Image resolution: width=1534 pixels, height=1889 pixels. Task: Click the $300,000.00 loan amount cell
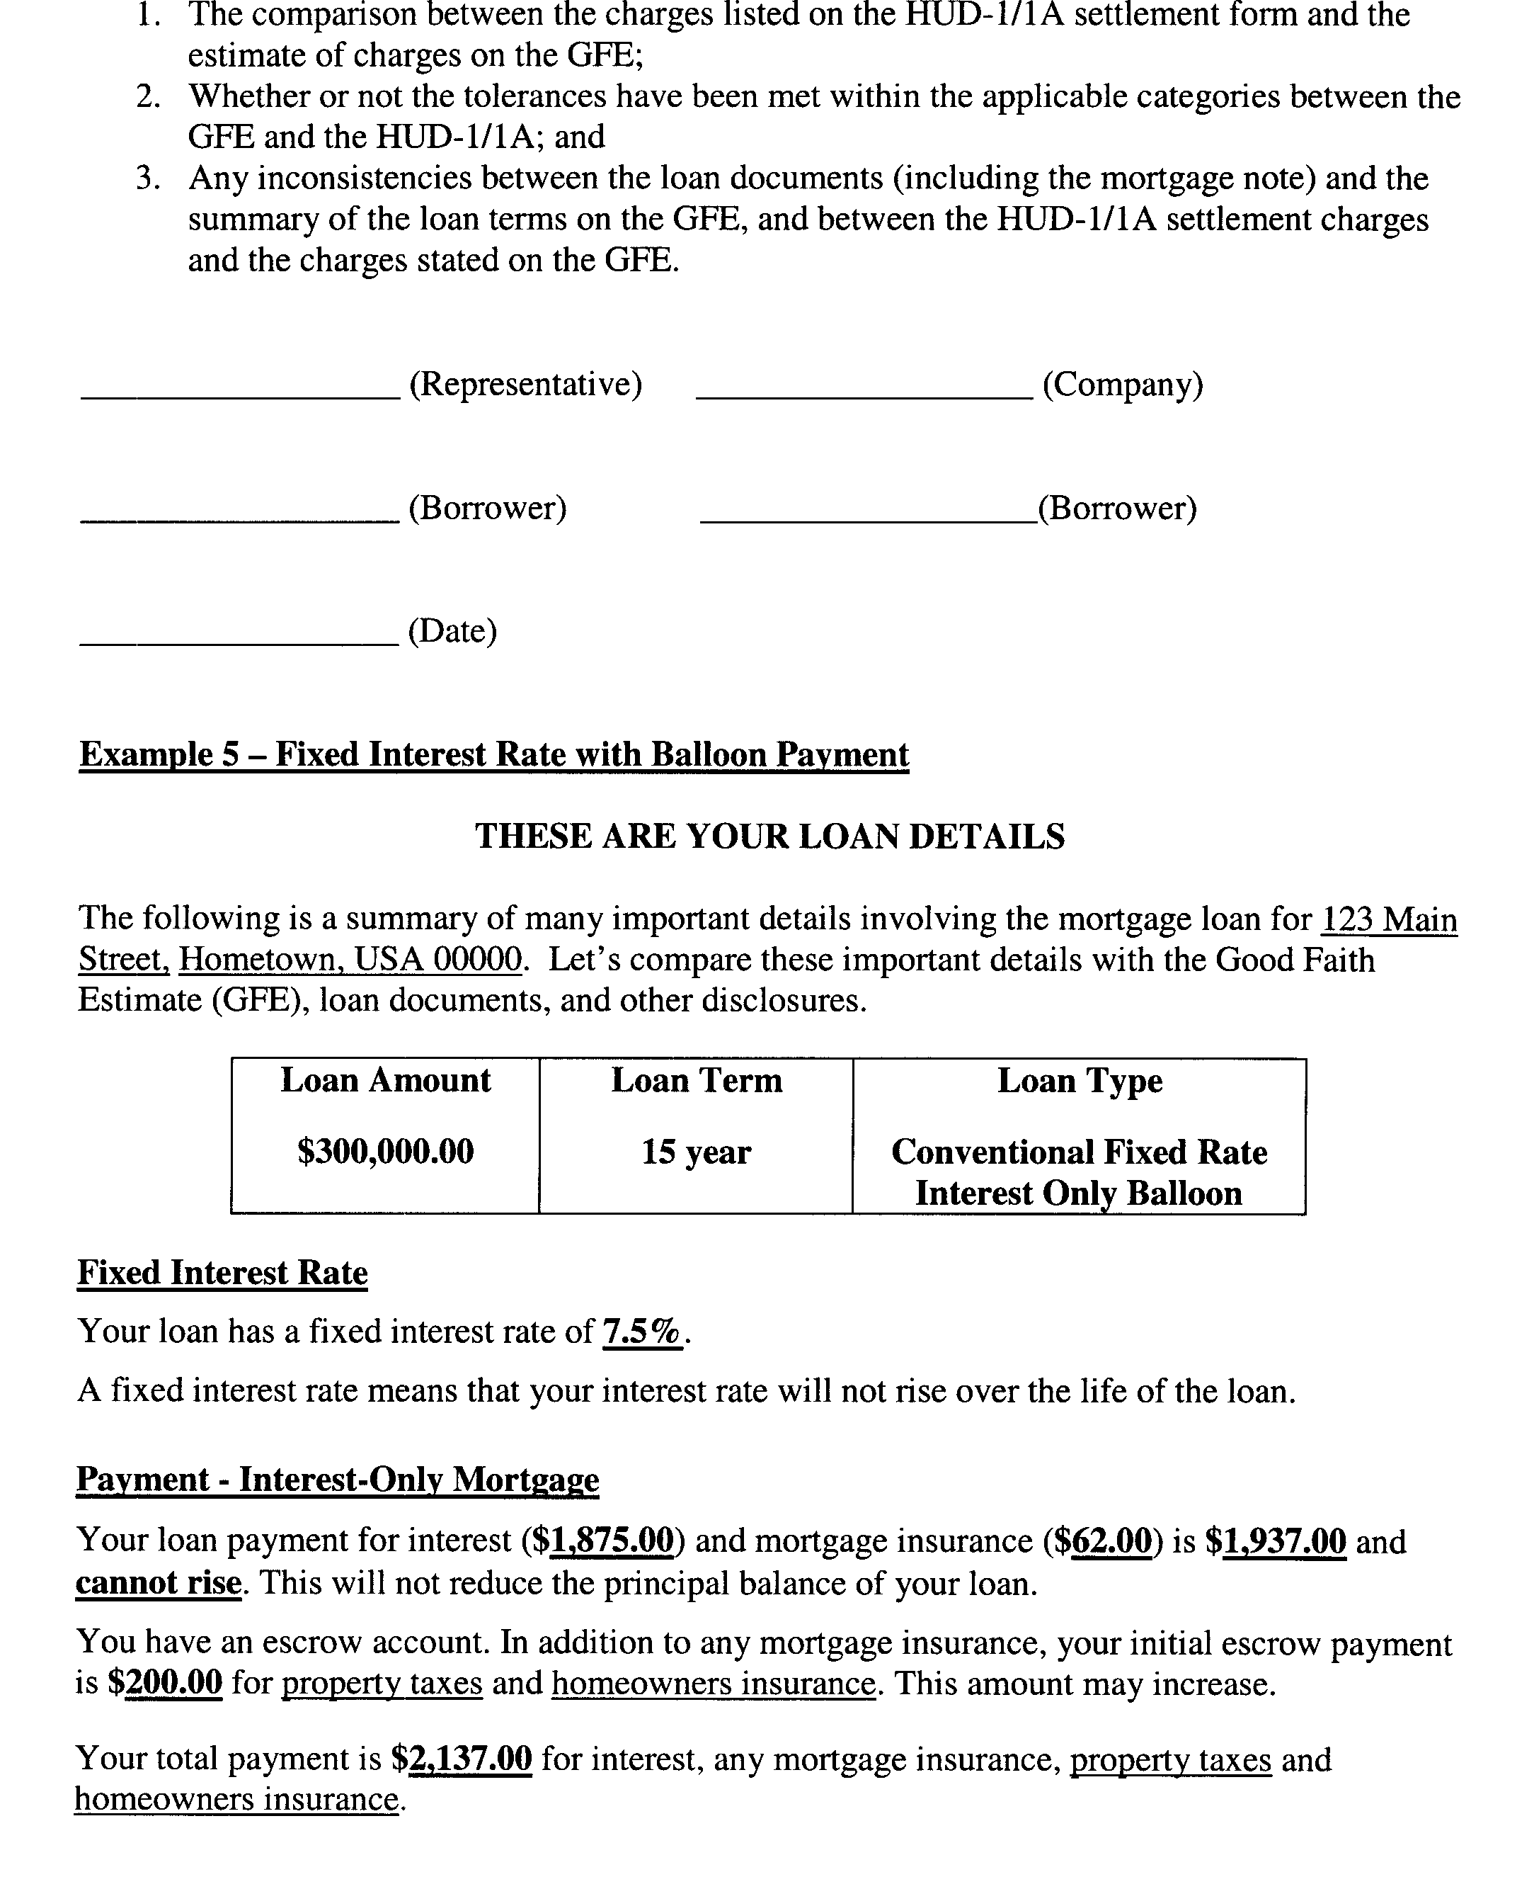(x=385, y=1152)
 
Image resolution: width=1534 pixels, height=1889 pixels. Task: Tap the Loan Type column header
(x=1079, y=1081)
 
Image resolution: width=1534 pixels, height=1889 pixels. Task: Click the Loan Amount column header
(x=385, y=1081)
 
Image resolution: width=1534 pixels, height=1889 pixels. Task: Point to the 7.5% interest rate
(x=642, y=1332)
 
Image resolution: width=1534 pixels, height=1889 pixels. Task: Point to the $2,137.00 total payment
(x=462, y=1759)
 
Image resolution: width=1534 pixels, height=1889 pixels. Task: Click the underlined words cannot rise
(x=158, y=1582)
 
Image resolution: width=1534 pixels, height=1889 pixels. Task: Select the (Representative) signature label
(x=526, y=385)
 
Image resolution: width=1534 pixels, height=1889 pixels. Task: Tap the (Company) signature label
(x=1122, y=385)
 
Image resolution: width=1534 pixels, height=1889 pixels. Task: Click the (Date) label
(x=452, y=631)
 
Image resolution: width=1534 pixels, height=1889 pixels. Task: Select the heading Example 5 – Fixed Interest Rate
(x=493, y=755)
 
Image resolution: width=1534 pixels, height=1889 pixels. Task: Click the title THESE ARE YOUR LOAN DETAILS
(x=769, y=836)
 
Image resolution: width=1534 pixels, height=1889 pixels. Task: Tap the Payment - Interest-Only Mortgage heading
(x=338, y=1480)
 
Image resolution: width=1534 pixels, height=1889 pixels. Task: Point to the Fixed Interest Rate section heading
(x=223, y=1273)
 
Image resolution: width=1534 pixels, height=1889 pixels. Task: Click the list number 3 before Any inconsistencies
(x=147, y=178)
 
